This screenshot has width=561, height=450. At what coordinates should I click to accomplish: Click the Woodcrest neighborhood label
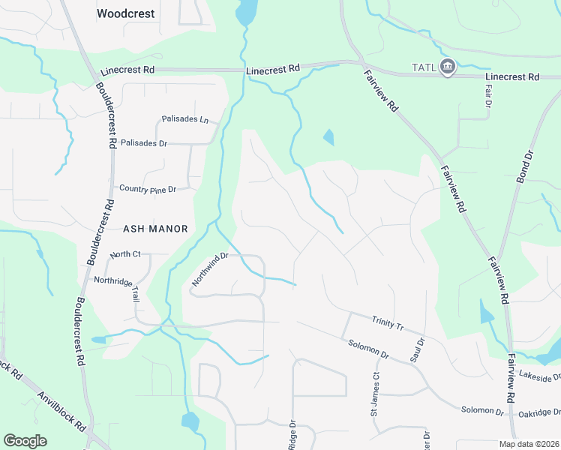tap(126, 13)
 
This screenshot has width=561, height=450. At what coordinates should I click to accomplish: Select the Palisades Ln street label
tap(184, 119)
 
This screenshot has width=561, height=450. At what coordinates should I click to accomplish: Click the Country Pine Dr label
tap(147, 189)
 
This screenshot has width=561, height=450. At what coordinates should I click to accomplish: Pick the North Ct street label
tap(125, 254)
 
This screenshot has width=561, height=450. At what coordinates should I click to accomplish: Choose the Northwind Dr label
tap(209, 268)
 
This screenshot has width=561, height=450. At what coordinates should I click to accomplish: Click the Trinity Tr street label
tap(388, 323)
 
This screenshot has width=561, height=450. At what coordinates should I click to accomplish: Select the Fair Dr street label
tap(487, 94)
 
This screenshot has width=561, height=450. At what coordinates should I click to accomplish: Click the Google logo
tap(25, 441)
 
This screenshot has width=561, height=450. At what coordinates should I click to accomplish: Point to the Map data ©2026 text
tap(528, 444)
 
